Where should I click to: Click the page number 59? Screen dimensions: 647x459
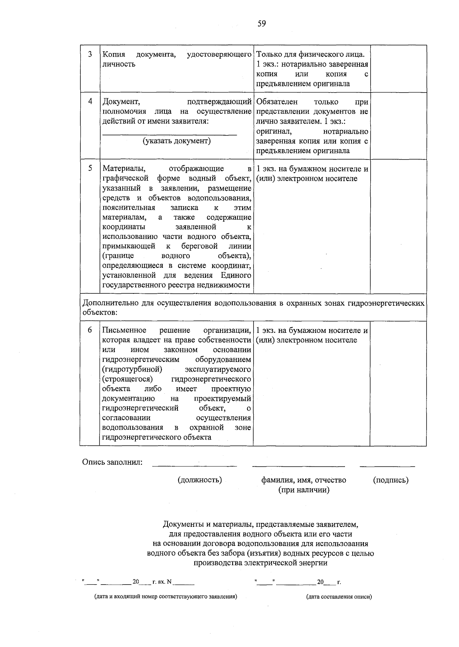262,24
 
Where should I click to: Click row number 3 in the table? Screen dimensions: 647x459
90,54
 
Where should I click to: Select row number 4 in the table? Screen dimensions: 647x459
90,101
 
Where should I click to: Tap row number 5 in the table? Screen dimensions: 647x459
90,168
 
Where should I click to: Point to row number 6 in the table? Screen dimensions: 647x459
90,330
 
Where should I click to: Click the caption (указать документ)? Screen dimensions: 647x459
177,141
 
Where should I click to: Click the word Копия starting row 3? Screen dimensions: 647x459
114,54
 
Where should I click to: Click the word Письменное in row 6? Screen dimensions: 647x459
124,330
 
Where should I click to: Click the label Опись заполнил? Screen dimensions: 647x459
112,462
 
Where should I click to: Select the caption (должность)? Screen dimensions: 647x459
200,480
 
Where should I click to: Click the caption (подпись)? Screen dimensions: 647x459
391,480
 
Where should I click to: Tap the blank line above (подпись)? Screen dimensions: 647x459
387,466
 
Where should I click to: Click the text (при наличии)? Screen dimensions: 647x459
304,489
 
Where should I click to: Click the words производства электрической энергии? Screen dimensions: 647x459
260,563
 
